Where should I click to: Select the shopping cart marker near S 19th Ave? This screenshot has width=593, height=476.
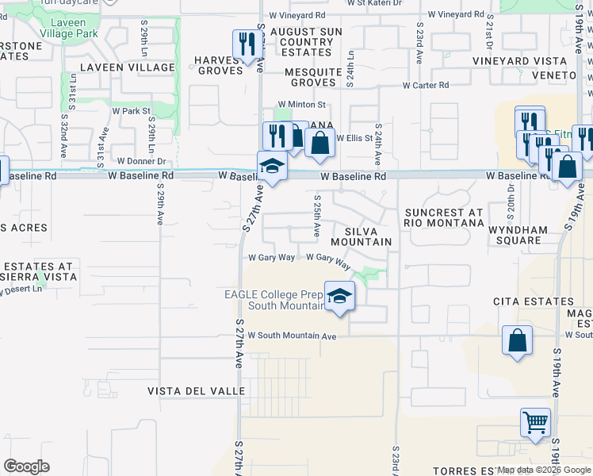[x=535, y=422]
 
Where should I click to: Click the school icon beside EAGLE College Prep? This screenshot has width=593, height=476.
[x=339, y=297]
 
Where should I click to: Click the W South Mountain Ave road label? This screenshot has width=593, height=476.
[x=293, y=336]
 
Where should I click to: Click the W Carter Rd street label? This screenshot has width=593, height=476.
[x=426, y=85]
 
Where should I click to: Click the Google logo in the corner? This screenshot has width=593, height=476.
[x=25, y=466]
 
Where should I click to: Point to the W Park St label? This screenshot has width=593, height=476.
[x=131, y=111]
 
